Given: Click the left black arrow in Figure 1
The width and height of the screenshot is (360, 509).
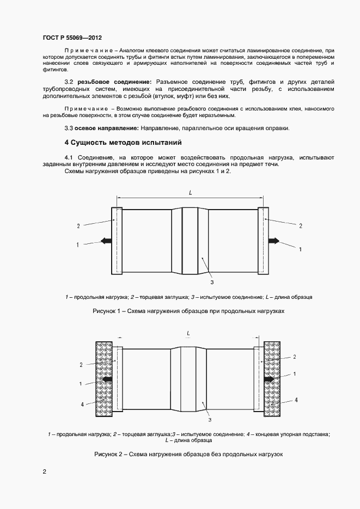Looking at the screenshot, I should coord(106,241).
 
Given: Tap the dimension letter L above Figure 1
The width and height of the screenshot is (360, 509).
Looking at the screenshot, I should coord(190,193).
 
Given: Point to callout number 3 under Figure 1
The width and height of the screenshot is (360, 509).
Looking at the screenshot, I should coord(211,282).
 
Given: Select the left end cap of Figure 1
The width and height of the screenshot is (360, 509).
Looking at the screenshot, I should coord(116,241).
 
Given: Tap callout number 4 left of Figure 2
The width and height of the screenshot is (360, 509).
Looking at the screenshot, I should coord(83,404).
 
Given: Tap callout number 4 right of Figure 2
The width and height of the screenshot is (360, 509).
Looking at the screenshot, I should coord(296,400).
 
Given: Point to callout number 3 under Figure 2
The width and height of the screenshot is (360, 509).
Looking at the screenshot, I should coord(210,420).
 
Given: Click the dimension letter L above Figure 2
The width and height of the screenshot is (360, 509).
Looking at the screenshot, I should coord(188,332).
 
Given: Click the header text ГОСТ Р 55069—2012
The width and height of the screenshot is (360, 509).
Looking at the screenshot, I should coord(72,38).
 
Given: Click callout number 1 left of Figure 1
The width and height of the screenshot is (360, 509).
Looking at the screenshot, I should coord(78,245).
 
